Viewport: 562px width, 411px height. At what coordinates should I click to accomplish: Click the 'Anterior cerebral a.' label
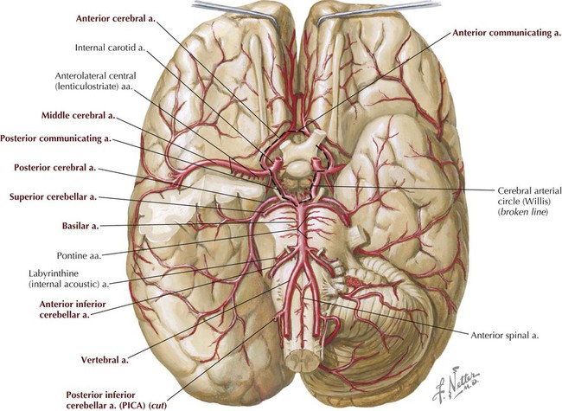116,19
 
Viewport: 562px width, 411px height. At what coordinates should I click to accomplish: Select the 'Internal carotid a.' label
110,48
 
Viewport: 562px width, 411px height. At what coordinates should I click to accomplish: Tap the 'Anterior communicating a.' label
506,33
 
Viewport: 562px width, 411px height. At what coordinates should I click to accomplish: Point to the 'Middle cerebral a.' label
79,115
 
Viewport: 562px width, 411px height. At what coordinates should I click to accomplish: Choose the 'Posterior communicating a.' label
55,138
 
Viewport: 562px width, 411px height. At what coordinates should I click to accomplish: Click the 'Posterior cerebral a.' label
54,168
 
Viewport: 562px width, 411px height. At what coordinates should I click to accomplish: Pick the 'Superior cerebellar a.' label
53,197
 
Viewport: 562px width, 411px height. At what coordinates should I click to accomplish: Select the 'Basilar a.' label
80,227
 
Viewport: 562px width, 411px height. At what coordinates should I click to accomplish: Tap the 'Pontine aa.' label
80,256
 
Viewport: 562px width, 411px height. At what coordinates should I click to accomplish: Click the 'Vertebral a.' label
105,360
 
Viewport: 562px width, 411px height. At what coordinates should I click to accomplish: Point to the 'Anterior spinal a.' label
505,336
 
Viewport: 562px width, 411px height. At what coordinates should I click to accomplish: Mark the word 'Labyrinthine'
54,273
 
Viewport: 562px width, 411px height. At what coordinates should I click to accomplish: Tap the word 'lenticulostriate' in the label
88,87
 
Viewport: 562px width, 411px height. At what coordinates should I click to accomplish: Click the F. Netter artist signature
455,383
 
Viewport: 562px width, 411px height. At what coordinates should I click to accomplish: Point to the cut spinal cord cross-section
300,359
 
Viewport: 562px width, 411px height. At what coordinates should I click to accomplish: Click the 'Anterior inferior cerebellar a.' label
73,309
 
